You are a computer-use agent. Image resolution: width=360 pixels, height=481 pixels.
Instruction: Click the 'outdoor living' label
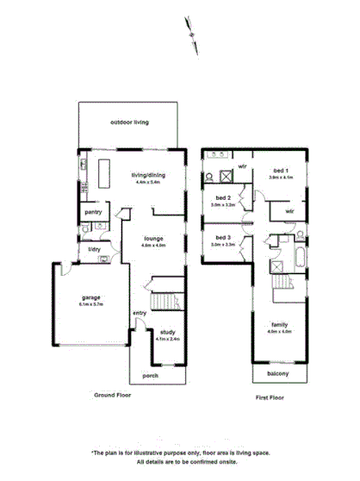point(129,122)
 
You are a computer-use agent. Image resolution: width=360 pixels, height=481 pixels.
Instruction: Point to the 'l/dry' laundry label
point(93,250)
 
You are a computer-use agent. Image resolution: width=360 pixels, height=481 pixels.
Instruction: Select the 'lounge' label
point(152,238)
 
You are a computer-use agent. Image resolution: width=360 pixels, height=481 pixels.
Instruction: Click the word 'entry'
point(139,312)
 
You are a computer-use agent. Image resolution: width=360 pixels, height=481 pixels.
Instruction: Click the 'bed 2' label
point(224,197)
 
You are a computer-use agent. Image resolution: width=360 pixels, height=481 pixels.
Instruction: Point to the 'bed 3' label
point(224,236)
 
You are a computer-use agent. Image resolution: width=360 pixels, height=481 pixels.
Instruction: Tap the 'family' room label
point(280,324)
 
